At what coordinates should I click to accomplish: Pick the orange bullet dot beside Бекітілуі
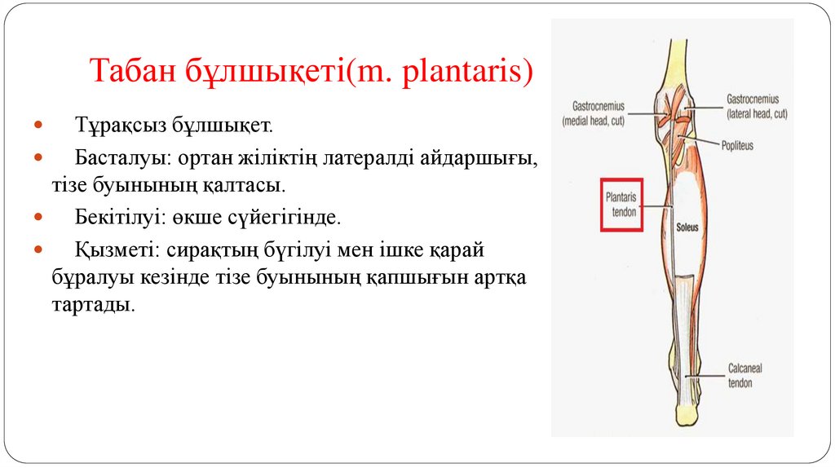tap(39, 219)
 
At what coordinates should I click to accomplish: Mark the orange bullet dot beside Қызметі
tap(39, 249)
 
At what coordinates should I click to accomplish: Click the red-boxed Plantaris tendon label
tap(621, 204)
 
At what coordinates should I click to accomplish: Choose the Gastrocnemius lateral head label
tap(758, 107)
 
